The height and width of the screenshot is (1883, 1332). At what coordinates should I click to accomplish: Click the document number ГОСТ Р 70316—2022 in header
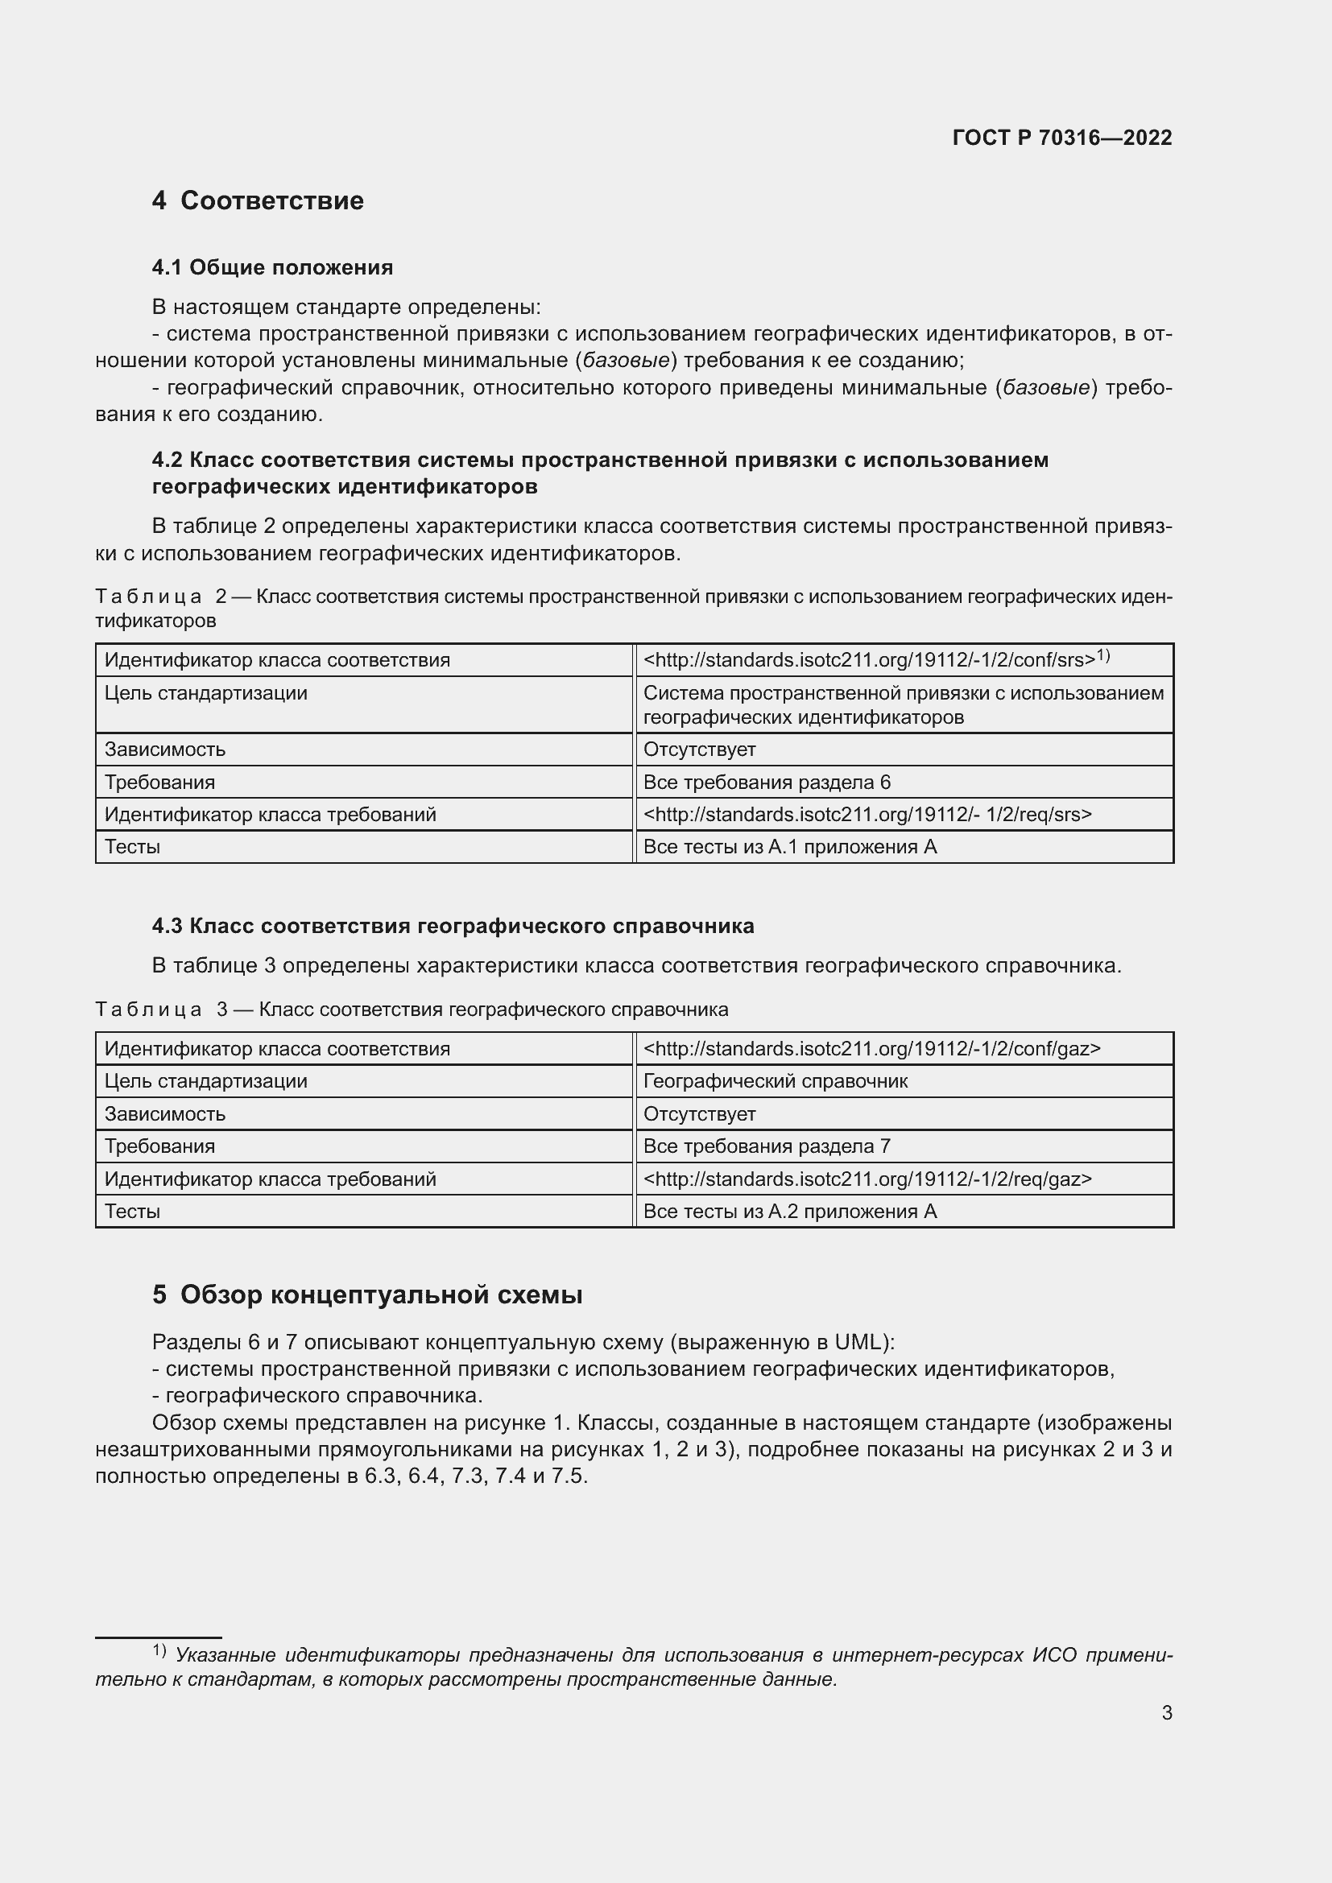1061,138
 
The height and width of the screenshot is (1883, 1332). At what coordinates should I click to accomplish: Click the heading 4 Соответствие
258,201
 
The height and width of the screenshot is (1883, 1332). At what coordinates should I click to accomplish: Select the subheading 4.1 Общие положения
272,267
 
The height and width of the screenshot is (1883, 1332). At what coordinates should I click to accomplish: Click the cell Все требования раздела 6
766,782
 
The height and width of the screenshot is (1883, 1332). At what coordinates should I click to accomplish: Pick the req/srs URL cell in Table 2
867,815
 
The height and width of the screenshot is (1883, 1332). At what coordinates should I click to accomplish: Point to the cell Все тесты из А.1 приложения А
789,846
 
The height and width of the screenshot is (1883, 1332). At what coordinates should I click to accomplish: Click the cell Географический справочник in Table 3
775,1081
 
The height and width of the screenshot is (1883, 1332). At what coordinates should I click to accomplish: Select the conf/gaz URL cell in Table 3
871,1048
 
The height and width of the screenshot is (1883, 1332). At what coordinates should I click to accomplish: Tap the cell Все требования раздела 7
766,1146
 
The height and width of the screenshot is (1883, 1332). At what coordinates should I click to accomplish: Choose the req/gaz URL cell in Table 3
867,1179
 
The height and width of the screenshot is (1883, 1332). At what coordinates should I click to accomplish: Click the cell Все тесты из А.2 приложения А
789,1211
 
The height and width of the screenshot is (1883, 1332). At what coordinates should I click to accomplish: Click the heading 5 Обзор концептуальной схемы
367,1295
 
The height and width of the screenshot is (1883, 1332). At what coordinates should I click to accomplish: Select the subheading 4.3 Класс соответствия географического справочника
453,926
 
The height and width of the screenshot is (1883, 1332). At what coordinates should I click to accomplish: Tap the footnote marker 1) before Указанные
159,1650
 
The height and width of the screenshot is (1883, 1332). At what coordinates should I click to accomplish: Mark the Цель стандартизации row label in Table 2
206,693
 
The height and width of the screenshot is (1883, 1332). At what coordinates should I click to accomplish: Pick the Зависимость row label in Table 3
164,1113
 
